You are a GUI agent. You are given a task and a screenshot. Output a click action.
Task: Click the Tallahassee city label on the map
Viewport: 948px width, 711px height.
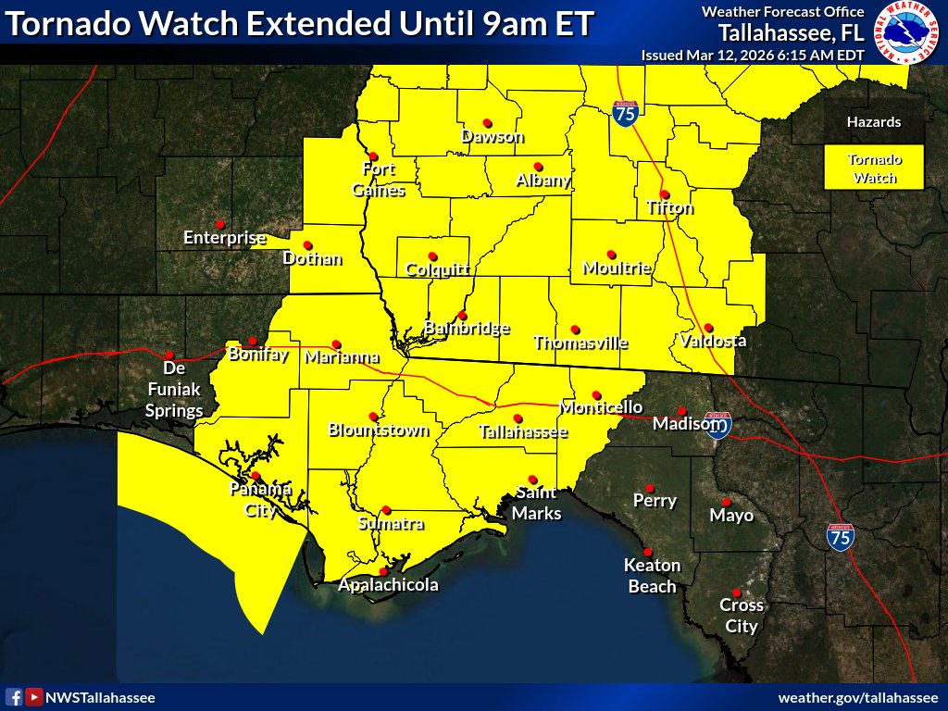click(x=523, y=432)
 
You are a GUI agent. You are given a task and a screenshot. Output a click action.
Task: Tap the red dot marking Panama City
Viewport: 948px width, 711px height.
click(x=256, y=476)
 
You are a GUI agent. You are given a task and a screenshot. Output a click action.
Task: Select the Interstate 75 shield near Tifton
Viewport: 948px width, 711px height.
click(x=625, y=113)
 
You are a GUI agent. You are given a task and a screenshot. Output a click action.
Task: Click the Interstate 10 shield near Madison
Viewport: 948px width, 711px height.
click(x=717, y=424)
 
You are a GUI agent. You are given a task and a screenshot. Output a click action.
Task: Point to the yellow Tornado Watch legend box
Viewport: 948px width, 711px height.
click(x=874, y=168)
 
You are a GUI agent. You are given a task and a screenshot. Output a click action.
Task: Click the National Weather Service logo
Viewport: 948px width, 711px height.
click(x=907, y=32)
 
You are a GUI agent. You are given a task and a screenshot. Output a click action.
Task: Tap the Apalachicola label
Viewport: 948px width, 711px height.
click(x=388, y=585)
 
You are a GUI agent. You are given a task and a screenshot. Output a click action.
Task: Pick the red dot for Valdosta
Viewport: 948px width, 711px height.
click(x=708, y=328)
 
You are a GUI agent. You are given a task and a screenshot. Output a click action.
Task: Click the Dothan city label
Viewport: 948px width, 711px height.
click(x=312, y=259)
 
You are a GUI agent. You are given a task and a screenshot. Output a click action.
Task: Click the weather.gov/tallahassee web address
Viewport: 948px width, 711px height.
click(x=857, y=697)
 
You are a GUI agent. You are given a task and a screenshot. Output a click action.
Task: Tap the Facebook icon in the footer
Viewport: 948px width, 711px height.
click(x=14, y=697)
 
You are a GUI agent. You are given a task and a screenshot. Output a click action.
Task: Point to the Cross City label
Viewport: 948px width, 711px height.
click(x=742, y=616)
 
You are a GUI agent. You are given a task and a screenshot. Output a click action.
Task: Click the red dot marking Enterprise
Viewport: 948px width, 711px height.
click(x=219, y=224)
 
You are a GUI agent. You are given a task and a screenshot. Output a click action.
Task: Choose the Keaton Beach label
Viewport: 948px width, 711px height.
click(x=652, y=575)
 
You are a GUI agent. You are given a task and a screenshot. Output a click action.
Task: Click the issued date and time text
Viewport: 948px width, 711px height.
click(x=753, y=55)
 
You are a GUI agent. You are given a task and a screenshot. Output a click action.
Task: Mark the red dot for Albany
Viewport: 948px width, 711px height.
click(x=538, y=168)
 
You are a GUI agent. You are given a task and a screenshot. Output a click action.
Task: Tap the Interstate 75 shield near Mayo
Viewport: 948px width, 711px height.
click(x=841, y=537)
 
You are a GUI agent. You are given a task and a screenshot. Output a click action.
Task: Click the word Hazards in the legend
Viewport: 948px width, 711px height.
click(x=873, y=122)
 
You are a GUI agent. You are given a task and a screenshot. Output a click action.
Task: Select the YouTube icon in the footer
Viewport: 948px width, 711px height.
click(x=33, y=697)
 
